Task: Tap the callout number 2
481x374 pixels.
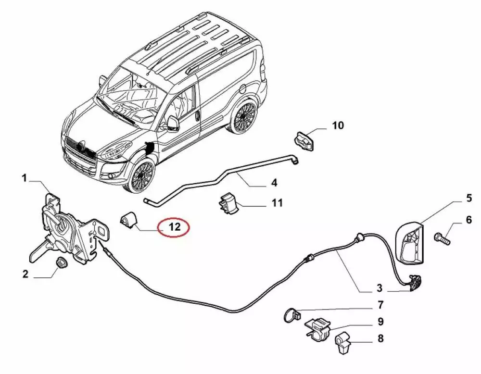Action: point(25,274)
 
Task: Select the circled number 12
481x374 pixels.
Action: point(175,226)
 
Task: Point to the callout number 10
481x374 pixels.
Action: point(338,126)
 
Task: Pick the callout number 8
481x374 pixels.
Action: point(380,338)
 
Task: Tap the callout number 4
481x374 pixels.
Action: point(274,183)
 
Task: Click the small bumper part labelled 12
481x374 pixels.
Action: point(128,220)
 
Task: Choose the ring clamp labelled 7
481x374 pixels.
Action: point(290,315)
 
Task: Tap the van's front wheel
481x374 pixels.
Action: point(140,176)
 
